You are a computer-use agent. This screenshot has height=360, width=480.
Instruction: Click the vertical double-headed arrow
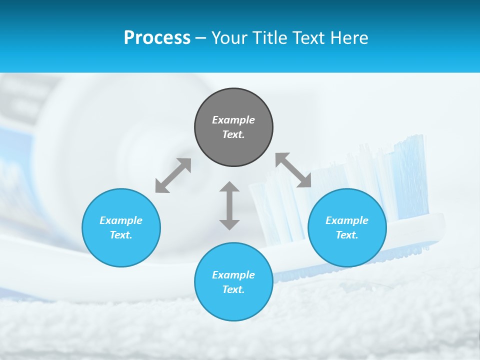pyautogui.click(x=229, y=205)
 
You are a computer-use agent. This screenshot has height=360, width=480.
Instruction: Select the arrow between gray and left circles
pyautogui.click(x=173, y=175)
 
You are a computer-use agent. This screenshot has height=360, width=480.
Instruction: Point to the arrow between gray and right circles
pyautogui.click(x=293, y=170)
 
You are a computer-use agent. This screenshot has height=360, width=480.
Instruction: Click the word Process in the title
pyautogui.click(x=157, y=38)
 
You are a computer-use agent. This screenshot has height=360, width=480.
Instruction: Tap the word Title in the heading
pyautogui.click(x=268, y=38)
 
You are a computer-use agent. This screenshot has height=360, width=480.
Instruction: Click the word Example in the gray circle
pyautogui.click(x=233, y=120)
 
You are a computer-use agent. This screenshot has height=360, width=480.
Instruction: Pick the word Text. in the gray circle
pyautogui.click(x=233, y=134)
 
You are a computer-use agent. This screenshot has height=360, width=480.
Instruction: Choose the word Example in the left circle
pyautogui.click(x=121, y=220)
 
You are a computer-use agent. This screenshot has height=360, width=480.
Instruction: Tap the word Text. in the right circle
pyautogui.click(x=347, y=235)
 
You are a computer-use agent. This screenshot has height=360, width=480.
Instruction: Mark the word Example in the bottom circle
pyautogui.click(x=233, y=275)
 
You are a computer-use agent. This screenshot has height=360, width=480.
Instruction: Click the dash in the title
pyautogui.click(x=201, y=38)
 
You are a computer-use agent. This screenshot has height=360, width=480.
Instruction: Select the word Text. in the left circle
pyautogui.click(x=121, y=235)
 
